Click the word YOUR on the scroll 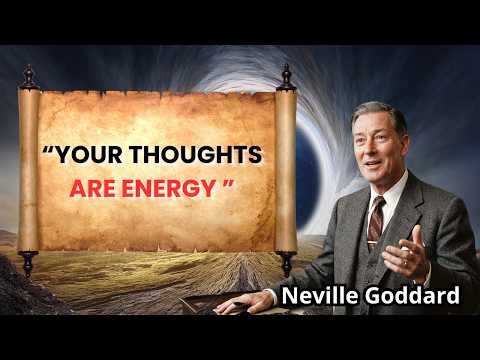[94, 157]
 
